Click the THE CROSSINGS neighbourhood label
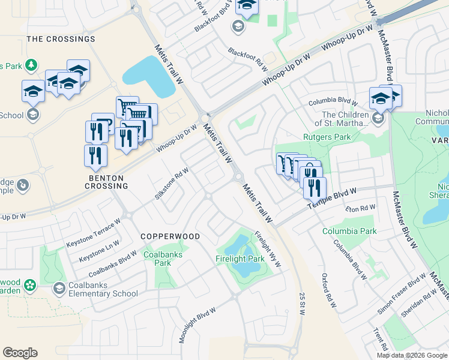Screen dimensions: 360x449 tap(61, 39)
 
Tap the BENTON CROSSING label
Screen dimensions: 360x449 tap(98, 182)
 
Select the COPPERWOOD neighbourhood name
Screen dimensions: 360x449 tap(170, 236)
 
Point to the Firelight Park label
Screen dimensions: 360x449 tap(240, 259)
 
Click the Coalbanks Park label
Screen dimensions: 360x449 tap(158, 259)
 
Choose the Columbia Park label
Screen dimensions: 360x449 tap(349, 231)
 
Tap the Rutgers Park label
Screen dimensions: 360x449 tap(327, 137)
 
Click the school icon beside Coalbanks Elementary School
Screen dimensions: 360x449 tap(59, 289)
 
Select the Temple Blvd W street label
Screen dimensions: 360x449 tap(332, 198)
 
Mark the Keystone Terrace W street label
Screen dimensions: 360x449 tap(94, 233)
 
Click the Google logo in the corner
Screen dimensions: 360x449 tap(20, 353)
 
